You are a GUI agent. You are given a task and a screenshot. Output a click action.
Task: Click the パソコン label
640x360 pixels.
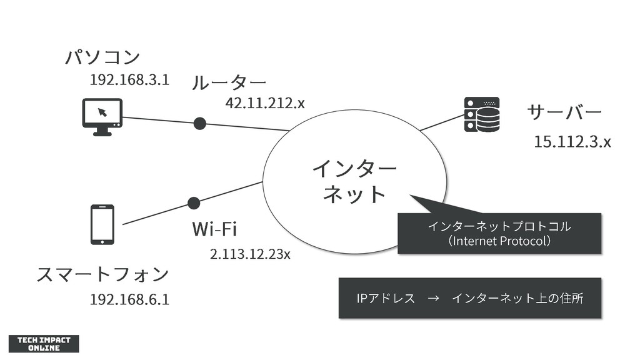pyautogui.click(x=102, y=57)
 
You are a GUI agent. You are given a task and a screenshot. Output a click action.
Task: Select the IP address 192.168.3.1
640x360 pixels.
pyautogui.click(x=129, y=80)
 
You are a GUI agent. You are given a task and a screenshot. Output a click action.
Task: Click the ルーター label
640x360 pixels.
pyautogui.click(x=229, y=82)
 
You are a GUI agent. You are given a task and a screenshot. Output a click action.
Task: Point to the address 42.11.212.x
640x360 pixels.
pyautogui.click(x=265, y=102)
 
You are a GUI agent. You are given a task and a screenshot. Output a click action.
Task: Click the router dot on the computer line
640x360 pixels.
pyautogui.click(x=199, y=123)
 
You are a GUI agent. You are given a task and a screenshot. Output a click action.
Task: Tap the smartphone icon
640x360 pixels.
pyautogui.click(x=102, y=224)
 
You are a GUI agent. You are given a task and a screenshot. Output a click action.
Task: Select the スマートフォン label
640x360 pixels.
pyautogui.click(x=102, y=274)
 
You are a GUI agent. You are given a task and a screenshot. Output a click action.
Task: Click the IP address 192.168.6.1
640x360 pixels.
pyautogui.click(x=129, y=299)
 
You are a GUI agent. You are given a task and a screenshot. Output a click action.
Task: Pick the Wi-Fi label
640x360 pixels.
pyautogui.click(x=214, y=229)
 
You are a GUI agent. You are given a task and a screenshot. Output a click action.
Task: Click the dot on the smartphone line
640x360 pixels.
pyautogui.click(x=194, y=203)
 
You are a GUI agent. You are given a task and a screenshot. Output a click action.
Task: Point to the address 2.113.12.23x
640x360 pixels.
pyautogui.click(x=250, y=254)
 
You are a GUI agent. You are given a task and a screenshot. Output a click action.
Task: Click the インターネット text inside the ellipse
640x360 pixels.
pyautogui.click(x=354, y=181)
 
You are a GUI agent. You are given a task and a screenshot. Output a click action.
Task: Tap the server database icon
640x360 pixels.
pyautogui.click(x=482, y=114)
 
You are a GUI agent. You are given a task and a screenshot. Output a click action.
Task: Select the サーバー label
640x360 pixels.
pyautogui.click(x=564, y=112)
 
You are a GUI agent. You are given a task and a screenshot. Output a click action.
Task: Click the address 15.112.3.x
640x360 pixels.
pyautogui.click(x=572, y=142)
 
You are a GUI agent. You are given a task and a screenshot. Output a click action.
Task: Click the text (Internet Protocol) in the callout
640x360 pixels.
pyautogui.click(x=499, y=241)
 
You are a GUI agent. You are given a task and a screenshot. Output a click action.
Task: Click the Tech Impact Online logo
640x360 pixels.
pyautogui.click(x=43, y=344)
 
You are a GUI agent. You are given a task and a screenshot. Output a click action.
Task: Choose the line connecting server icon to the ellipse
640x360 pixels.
pyautogui.click(x=441, y=122)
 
